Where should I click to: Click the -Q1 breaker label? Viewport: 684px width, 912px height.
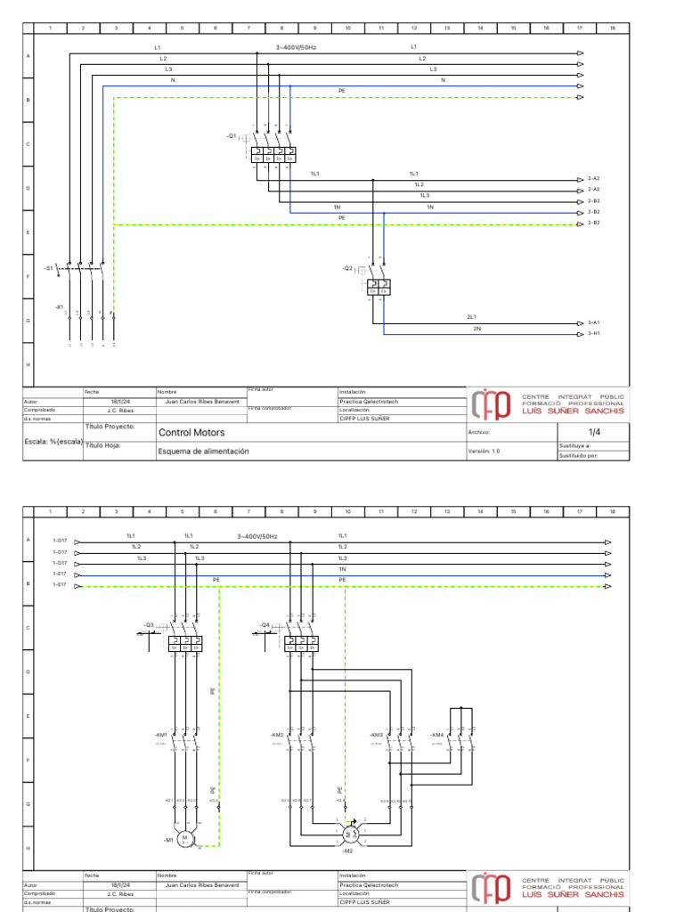[x=232, y=136]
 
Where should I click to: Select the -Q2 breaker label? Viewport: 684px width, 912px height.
[x=347, y=268]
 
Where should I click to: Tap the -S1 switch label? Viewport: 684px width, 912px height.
[x=49, y=267]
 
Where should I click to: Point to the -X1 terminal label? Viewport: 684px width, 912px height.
[x=59, y=306]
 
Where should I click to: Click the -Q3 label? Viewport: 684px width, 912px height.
[x=149, y=624]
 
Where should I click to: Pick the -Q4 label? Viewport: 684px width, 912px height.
[x=265, y=624]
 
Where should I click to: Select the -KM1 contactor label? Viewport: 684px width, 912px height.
[x=161, y=735]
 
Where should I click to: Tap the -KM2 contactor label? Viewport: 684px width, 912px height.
[x=277, y=735]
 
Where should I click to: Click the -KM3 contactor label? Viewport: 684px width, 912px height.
[x=376, y=735]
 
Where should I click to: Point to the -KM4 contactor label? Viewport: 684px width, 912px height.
[x=436, y=735]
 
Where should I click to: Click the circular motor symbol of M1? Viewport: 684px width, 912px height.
[x=186, y=838]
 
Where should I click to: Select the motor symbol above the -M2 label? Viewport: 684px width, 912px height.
[x=349, y=834]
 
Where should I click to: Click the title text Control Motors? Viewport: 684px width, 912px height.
[x=191, y=433]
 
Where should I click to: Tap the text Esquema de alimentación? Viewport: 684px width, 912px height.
[x=203, y=452]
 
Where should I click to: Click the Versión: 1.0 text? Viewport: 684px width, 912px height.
[x=484, y=452]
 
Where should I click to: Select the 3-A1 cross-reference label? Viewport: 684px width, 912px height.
[x=594, y=322]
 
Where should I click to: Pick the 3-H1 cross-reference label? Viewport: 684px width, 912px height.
[x=594, y=334]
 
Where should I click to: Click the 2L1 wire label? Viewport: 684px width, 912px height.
[x=472, y=317]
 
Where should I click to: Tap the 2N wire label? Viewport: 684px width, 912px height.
[x=477, y=329]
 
